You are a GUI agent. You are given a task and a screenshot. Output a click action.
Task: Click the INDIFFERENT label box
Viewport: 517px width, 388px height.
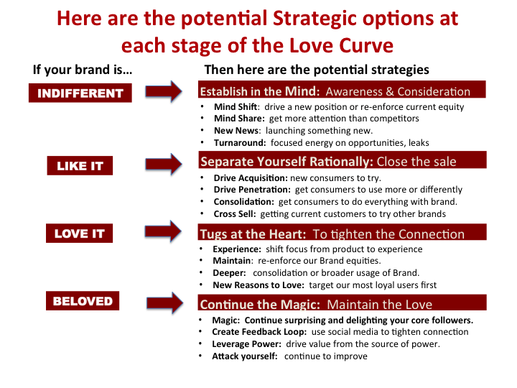tap(80, 93)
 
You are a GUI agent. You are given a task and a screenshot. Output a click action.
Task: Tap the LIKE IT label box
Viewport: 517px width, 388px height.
tap(80, 166)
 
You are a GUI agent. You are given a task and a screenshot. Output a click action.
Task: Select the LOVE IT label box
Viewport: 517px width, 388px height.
tap(79, 234)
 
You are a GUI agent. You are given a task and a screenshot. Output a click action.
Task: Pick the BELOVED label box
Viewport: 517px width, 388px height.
tap(83, 301)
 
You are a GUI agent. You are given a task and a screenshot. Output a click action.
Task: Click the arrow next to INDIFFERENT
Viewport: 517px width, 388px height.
tap(164, 91)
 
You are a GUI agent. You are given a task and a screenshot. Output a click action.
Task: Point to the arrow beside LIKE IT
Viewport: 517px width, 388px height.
tap(164, 164)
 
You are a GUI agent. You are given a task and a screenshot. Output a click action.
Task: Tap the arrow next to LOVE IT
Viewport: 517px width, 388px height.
tap(163, 231)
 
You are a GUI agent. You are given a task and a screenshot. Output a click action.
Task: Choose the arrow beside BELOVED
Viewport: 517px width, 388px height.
tap(165, 302)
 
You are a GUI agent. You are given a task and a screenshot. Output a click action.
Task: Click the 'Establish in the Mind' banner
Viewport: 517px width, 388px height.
tap(342, 89)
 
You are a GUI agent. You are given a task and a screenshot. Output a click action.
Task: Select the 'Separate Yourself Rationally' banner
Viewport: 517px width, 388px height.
tap(343, 160)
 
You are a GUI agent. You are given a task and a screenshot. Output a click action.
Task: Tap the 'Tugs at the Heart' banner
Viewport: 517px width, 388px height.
tap(343, 232)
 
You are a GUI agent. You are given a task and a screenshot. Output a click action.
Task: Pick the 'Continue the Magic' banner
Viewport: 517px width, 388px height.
tap(343, 302)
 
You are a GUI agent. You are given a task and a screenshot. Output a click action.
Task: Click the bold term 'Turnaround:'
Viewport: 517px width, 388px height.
tap(240, 143)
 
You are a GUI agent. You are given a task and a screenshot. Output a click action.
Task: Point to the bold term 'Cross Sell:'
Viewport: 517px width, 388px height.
tap(234, 214)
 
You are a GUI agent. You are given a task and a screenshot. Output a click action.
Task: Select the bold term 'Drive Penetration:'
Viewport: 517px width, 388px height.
tap(252, 190)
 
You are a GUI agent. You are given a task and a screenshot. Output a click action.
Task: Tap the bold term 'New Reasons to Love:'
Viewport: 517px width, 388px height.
tap(258, 285)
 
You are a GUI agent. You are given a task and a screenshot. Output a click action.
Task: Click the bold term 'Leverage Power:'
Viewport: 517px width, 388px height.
tap(246, 344)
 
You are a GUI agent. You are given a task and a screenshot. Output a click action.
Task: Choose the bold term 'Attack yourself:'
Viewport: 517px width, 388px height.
tap(245, 356)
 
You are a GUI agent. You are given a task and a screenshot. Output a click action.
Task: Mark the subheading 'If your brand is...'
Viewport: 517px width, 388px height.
tap(83, 70)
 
